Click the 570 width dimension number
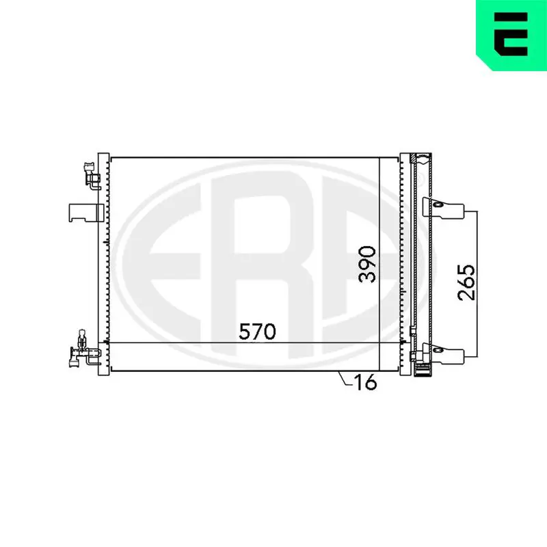(257, 332)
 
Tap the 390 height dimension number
(368, 264)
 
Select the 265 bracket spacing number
(466, 282)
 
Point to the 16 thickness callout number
(365, 382)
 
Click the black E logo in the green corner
(511, 34)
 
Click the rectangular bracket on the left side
(87, 213)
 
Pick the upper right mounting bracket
(443, 209)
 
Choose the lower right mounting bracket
(443, 353)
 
